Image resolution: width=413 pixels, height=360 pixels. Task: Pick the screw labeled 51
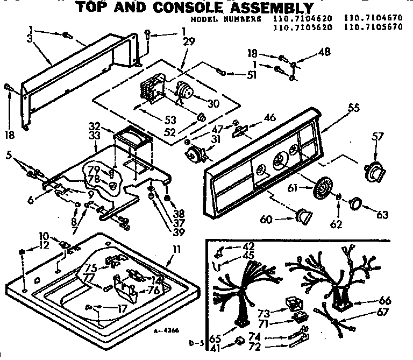click(x=221, y=70)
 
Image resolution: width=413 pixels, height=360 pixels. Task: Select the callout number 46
click(x=270, y=116)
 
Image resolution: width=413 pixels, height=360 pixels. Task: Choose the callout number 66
click(x=385, y=301)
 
